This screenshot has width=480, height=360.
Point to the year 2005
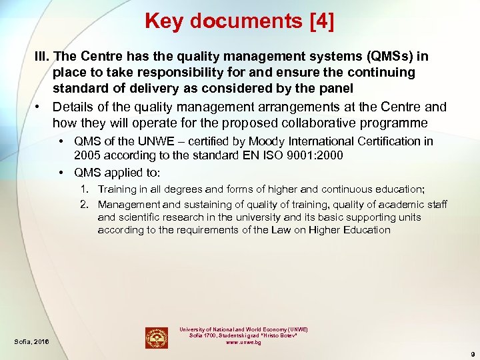[87, 155]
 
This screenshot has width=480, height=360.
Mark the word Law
[281, 229]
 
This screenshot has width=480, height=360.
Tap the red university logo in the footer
[157, 337]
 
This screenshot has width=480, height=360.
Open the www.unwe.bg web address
[244, 343]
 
